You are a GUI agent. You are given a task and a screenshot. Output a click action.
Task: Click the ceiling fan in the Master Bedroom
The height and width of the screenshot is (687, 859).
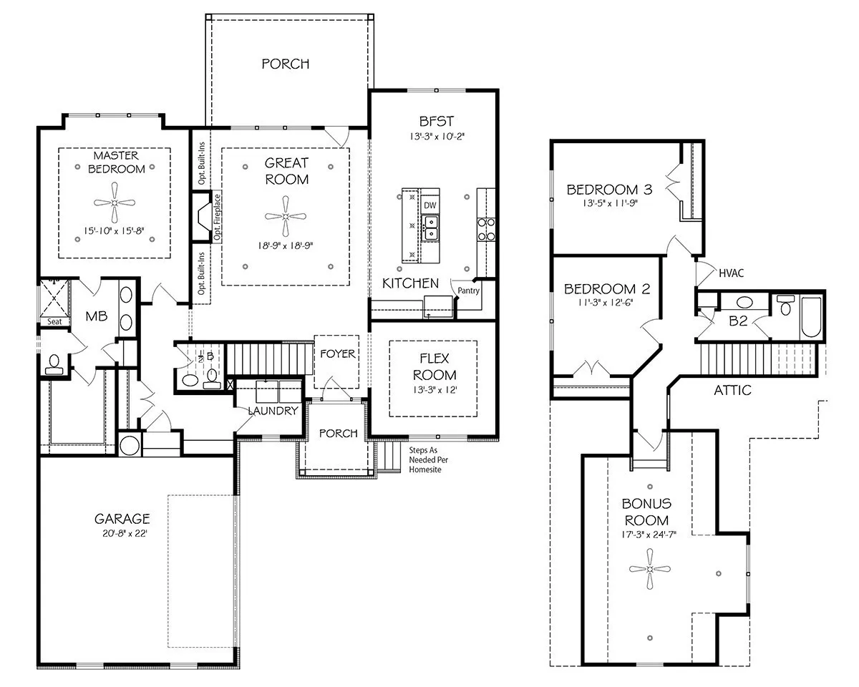click(x=115, y=203)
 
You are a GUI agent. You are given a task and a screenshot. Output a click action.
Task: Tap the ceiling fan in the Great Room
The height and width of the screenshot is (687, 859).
click(x=286, y=216)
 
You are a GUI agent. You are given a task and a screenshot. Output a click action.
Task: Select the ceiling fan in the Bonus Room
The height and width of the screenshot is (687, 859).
click(x=650, y=569)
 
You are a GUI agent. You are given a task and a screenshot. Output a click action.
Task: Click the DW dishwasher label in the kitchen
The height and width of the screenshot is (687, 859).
click(x=430, y=205)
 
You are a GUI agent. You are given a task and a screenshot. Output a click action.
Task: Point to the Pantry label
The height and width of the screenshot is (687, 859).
click(x=468, y=291)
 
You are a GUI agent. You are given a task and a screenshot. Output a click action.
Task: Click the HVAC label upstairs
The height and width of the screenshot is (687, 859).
click(x=732, y=273)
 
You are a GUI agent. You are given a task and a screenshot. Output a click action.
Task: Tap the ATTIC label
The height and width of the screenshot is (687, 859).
click(x=732, y=390)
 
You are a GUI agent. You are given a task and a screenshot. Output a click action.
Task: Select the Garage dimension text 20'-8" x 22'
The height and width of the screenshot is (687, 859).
click(x=125, y=533)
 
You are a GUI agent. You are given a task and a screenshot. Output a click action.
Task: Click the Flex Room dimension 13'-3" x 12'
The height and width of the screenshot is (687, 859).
click(x=435, y=389)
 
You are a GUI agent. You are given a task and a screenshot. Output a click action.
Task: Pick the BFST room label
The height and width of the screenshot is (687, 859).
click(x=436, y=122)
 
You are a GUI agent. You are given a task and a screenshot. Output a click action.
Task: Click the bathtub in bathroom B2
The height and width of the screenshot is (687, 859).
click(x=811, y=318)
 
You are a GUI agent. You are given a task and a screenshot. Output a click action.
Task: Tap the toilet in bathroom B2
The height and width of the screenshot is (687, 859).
click(x=785, y=306)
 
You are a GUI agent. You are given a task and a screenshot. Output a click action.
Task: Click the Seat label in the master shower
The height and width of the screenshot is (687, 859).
click(x=54, y=322)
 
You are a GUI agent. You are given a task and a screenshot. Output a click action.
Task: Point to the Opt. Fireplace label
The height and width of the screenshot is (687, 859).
click(x=217, y=217)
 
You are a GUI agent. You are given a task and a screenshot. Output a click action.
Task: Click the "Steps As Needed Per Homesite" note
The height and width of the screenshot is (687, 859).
click(x=428, y=460)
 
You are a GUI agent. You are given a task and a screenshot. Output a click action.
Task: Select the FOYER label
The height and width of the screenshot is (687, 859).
click(x=338, y=354)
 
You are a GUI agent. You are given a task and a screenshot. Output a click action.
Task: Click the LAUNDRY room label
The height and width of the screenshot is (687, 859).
click(x=273, y=411)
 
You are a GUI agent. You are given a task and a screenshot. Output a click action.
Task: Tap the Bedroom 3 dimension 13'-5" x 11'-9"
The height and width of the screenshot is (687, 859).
click(x=610, y=203)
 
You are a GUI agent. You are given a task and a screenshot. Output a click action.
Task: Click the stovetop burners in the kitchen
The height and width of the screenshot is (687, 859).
click(x=486, y=230)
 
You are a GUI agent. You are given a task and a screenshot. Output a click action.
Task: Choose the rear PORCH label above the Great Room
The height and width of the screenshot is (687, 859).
click(x=286, y=64)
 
